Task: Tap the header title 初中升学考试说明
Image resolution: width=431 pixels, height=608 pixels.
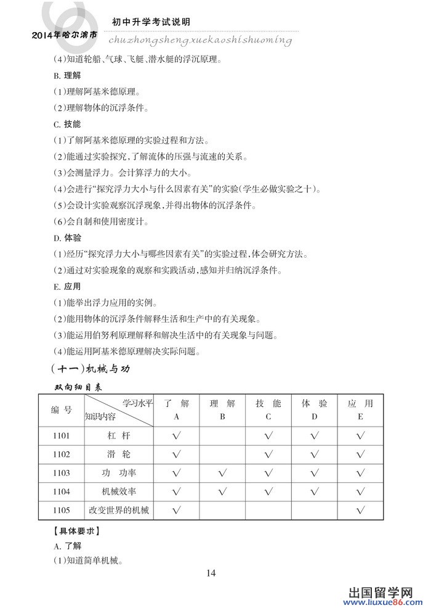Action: click(x=151, y=22)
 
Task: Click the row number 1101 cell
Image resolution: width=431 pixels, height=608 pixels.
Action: click(x=62, y=436)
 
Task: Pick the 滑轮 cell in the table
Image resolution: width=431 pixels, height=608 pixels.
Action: click(x=118, y=454)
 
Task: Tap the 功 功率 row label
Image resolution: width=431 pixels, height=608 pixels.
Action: click(x=118, y=473)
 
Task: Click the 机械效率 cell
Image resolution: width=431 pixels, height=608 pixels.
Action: click(x=118, y=491)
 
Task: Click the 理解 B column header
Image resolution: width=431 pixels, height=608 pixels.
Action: click(x=222, y=410)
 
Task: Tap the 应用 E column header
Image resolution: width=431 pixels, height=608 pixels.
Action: click(x=360, y=410)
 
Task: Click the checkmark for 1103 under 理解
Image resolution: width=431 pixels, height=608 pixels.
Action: click(x=222, y=473)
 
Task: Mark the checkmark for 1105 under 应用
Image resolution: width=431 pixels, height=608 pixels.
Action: click(x=360, y=510)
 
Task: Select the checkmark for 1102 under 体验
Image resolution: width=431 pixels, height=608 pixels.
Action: click(x=314, y=454)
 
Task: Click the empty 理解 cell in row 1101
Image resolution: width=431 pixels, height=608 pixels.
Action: click(x=222, y=436)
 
